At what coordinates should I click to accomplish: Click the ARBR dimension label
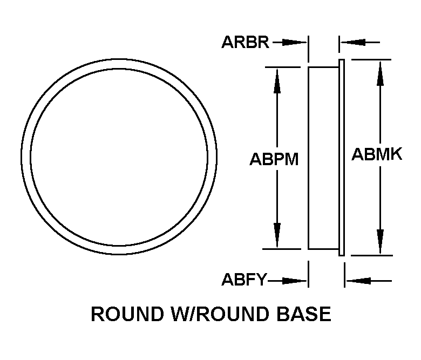click(x=245, y=42)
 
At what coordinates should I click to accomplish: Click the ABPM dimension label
click(x=274, y=160)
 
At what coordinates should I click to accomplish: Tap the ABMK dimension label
click(x=377, y=155)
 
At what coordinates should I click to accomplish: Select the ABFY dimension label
click(x=245, y=280)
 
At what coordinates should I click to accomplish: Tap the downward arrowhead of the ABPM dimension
click(x=277, y=237)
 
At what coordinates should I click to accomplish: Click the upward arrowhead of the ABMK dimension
click(x=381, y=70)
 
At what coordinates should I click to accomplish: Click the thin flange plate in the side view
click(x=341, y=157)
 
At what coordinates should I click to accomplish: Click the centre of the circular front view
click(x=119, y=157)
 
